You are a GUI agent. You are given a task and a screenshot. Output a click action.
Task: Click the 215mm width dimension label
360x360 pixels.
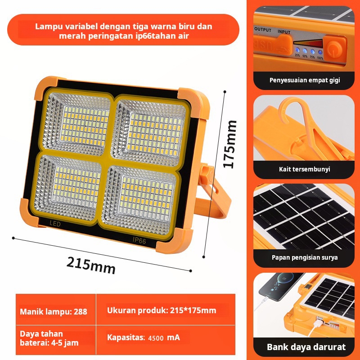point(91,265)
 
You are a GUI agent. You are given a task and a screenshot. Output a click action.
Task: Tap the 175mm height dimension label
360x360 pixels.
point(230,144)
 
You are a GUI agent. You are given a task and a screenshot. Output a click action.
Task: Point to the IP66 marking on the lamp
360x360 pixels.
point(139,240)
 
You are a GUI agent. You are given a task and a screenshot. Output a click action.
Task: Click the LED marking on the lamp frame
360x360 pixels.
point(55,223)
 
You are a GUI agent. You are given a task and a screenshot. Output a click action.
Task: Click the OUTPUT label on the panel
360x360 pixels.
point(263,30)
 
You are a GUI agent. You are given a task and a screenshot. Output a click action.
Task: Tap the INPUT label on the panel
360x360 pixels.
point(284,32)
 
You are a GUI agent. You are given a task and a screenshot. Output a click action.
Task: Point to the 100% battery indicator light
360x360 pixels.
point(320,52)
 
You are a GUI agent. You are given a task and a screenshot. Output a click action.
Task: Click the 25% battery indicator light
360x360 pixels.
point(297,50)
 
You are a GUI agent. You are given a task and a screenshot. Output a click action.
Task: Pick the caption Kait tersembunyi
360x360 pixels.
point(305,169)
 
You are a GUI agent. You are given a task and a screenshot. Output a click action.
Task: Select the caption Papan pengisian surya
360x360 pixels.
point(305,257)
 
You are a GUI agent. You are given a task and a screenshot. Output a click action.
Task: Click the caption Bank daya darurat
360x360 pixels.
point(306,346)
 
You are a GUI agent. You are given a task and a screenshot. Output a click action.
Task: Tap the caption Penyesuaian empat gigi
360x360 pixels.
point(305,80)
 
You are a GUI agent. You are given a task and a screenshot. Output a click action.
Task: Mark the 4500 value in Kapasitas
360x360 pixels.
point(156,338)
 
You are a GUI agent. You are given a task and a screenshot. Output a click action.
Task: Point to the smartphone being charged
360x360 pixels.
point(280,286)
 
